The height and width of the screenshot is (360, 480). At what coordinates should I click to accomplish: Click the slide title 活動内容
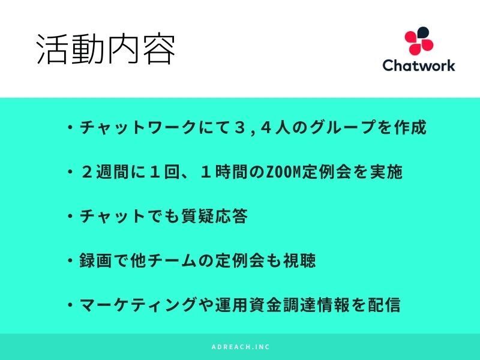(106, 49)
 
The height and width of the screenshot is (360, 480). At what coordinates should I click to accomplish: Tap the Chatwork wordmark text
(418, 65)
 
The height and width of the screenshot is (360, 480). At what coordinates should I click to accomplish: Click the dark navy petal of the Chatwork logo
(423, 32)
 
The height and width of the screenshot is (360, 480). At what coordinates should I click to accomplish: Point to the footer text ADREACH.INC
(241, 347)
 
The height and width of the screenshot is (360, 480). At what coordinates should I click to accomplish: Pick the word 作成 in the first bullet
(410, 127)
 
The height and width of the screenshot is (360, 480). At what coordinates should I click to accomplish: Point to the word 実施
(386, 172)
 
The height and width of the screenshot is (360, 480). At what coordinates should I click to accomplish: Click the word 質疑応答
(214, 217)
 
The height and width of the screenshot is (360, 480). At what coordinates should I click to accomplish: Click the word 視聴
(299, 261)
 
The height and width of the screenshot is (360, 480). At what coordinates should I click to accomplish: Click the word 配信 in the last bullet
(385, 305)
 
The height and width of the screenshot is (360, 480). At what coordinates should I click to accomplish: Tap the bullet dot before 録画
(70, 261)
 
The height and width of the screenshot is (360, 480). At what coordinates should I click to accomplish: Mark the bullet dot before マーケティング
(70, 305)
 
